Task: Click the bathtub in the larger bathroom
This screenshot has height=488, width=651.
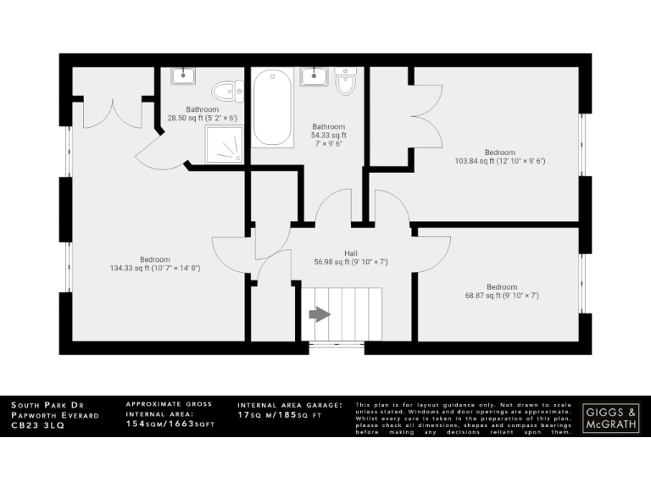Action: click(273, 107)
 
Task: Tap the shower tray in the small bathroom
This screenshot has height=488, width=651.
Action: click(224, 145)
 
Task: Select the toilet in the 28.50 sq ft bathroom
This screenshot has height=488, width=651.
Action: click(225, 91)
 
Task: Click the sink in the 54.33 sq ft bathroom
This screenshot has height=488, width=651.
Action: click(314, 76)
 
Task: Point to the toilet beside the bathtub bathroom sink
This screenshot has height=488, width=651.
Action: click(346, 81)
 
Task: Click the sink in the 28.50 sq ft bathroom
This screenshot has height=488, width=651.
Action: click(183, 76)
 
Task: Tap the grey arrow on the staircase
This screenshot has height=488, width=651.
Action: click(320, 314)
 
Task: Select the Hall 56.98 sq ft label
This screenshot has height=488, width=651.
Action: click(350, 258)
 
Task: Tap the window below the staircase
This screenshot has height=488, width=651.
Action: click(333, 346)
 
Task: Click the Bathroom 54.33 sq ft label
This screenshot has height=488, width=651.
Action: click(328, 135)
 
